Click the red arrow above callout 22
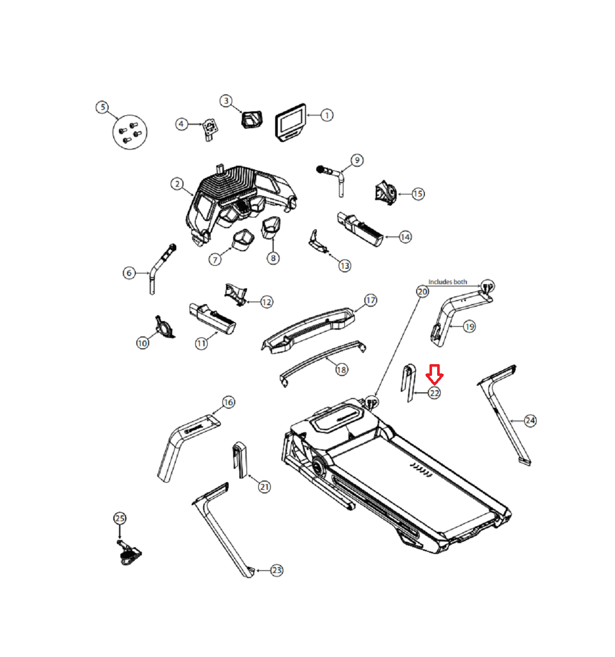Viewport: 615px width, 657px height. (x=434, y=374)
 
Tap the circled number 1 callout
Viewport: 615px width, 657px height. (x=326, y=115)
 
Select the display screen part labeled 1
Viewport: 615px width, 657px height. (x=291, y=123)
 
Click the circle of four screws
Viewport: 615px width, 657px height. (x=130, y=132)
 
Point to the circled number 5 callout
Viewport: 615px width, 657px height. (x=102, y=107)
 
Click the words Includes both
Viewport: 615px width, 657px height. (x=447, y=282)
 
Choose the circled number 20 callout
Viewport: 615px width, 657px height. (x=422, y=291)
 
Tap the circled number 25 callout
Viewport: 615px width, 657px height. (x=120, y=518)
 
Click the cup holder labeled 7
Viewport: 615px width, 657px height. (x=243, y=240)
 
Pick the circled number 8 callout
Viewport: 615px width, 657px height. (x=273, y=257)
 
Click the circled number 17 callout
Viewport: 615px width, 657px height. (x=371, y=300)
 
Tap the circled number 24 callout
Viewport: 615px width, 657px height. (x=530, y=421)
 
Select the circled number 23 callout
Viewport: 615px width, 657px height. (x=276, y=570)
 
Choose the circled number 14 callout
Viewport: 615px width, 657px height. (x=405, y=237)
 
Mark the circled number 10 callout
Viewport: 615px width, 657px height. (x=142, y=343)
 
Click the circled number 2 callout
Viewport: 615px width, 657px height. (x=177, y=184)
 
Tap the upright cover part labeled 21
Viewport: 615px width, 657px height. (x=240, y=460)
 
